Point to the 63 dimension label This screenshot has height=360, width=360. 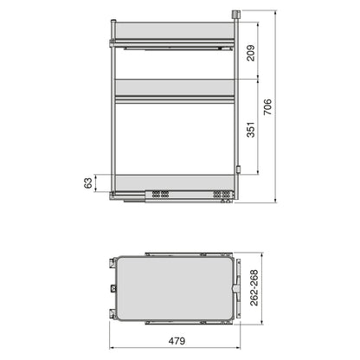[86, 183]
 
